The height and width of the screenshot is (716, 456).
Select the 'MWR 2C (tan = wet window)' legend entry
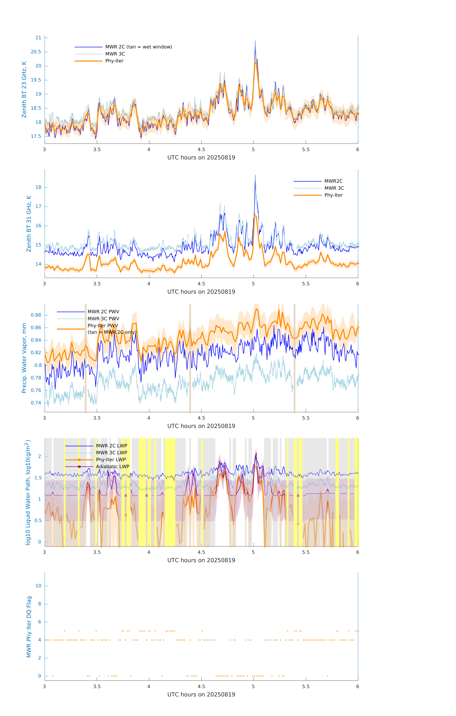click(x=138, y=47)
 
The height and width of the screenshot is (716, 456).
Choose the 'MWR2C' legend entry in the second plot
click(x=333, y=181)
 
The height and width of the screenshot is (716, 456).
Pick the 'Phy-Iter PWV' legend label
click(x=103, y=326)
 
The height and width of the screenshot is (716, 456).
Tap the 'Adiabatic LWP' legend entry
click(x=113, y=466)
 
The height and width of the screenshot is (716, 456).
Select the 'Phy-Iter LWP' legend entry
click(x=111, y=460)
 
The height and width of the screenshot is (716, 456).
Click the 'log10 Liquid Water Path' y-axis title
click(x=28, y=492)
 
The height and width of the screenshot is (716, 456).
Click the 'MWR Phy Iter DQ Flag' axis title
click(x=29, y=627)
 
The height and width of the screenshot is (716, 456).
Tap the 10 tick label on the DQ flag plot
click(x=38, y=586)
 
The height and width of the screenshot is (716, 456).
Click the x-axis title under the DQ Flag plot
click(x=201, y=695)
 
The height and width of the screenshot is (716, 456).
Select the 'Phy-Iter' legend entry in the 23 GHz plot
click(x=114, y=61)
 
